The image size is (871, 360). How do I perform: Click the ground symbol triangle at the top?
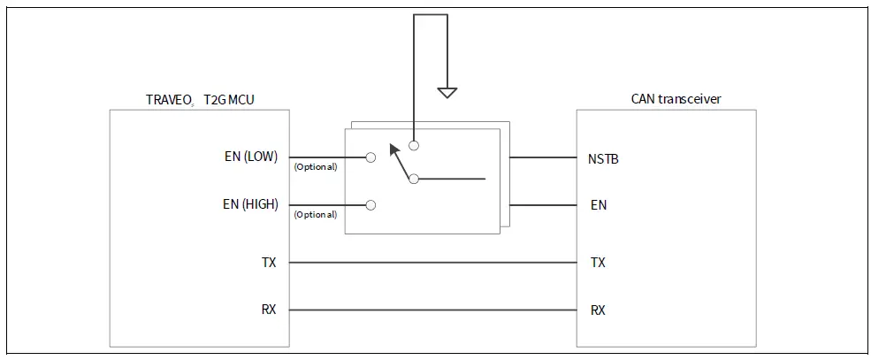pos(447,92)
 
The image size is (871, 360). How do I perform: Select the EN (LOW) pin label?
pos(251,157)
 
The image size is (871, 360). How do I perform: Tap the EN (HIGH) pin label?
pos(250,204)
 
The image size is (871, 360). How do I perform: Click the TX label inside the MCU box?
pos(270,263)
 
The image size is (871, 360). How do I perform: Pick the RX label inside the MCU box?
pos(270,310)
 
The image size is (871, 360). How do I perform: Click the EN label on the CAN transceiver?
pos(598,205)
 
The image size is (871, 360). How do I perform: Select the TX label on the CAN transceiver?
pos(598,263)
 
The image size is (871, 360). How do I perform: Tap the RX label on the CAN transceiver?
pos(598,310)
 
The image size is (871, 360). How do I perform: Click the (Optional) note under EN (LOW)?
pos(315,167)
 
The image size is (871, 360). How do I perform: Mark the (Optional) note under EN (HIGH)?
pos(315,214)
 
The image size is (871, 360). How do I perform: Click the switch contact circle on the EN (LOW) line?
pos(371,157)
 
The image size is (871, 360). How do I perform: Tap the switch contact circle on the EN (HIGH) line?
pos(371,204)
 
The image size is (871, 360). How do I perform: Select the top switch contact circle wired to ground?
pos(413,145)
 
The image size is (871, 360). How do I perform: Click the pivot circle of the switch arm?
pos(413,180)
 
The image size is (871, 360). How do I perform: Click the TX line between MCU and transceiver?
pos(433,263)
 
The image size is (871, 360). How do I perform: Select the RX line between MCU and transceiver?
pos(433,310)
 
